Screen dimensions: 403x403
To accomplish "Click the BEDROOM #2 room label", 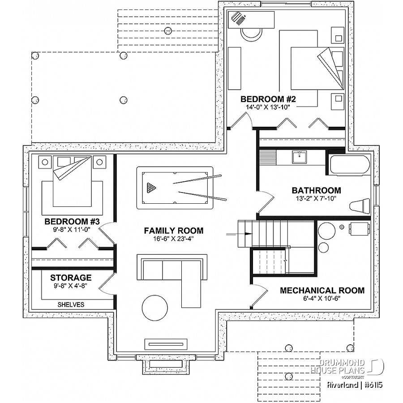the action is point(268,99).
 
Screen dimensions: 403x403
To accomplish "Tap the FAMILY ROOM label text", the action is point(173,231).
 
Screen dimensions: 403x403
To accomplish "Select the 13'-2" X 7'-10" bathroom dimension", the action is point(316,198).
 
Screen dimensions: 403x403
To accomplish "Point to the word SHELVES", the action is point(71,304).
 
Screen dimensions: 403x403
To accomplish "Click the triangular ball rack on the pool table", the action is point(151,188).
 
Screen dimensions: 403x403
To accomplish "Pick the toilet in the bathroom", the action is point(360,206).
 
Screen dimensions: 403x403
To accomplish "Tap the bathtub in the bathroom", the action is point(350,165).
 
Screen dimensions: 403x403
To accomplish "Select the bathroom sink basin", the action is point(300,157).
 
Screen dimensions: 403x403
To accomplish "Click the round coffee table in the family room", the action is point(155,308).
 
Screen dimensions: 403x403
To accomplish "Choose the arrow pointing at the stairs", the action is point(239,234).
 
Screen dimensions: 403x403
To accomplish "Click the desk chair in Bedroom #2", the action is point(252,34).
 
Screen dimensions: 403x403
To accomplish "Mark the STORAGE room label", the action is point(71,278).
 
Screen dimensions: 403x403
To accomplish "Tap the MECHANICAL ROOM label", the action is point(322,291).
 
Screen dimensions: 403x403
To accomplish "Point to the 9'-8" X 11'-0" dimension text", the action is point(72,230).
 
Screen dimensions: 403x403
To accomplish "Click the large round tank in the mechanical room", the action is point(327,231).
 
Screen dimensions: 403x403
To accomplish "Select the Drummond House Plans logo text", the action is point(338,366).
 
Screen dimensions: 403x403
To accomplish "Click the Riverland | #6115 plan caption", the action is point(355,385).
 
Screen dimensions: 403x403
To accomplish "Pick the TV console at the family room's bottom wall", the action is point(166,344).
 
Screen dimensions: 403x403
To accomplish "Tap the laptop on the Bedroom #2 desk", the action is point(238,18).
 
